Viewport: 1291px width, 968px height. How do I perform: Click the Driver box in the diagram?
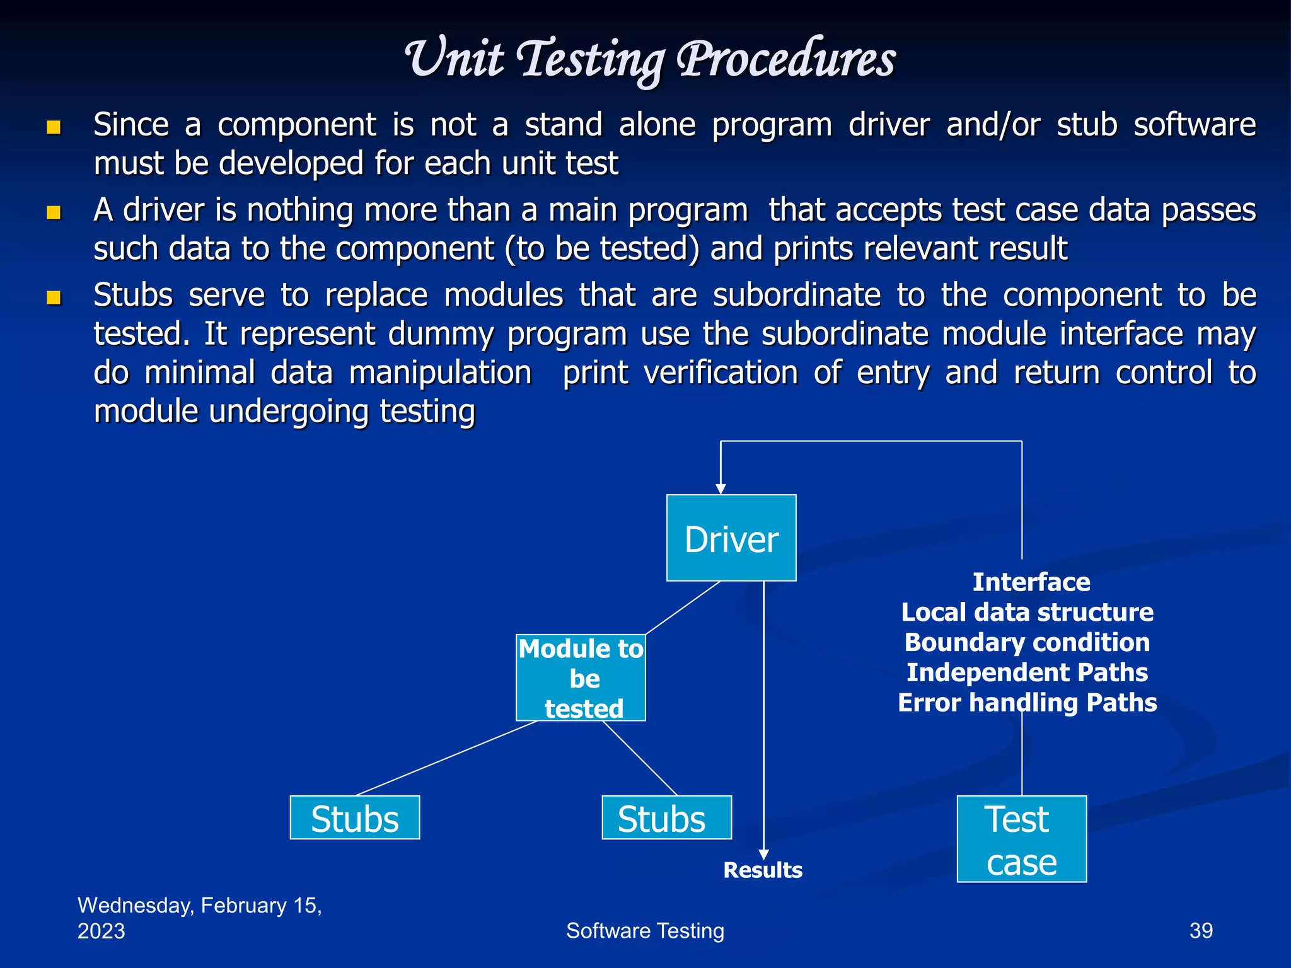click(731, 538)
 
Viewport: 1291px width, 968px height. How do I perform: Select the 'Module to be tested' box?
click(581, 677)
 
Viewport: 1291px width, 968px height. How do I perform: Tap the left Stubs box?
click(355, 817)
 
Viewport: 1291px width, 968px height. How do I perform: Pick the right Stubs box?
click(666, 817)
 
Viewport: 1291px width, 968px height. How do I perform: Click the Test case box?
click(1021, 839)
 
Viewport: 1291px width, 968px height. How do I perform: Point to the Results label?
click(763, 870)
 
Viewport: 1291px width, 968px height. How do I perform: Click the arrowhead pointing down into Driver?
click(721, 488)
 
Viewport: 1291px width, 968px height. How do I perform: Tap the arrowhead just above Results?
click(763, 855)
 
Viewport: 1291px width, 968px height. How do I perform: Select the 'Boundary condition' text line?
click(1027, 642)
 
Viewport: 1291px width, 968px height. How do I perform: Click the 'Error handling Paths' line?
click(1027, 703)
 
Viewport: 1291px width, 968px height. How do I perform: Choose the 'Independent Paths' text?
click(1027, 672)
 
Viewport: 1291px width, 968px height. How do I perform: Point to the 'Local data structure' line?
click(1027, 612)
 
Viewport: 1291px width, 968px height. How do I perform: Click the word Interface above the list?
click(1031, 582)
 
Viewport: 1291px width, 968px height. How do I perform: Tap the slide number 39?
click(1201, 930)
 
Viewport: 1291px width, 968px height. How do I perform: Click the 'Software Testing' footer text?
click(645, 930)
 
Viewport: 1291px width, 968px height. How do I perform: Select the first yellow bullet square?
click(54, 127)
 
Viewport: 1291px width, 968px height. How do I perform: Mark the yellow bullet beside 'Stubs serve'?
click(54, 297)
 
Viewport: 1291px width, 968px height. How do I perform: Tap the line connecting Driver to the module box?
click(683, 608)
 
